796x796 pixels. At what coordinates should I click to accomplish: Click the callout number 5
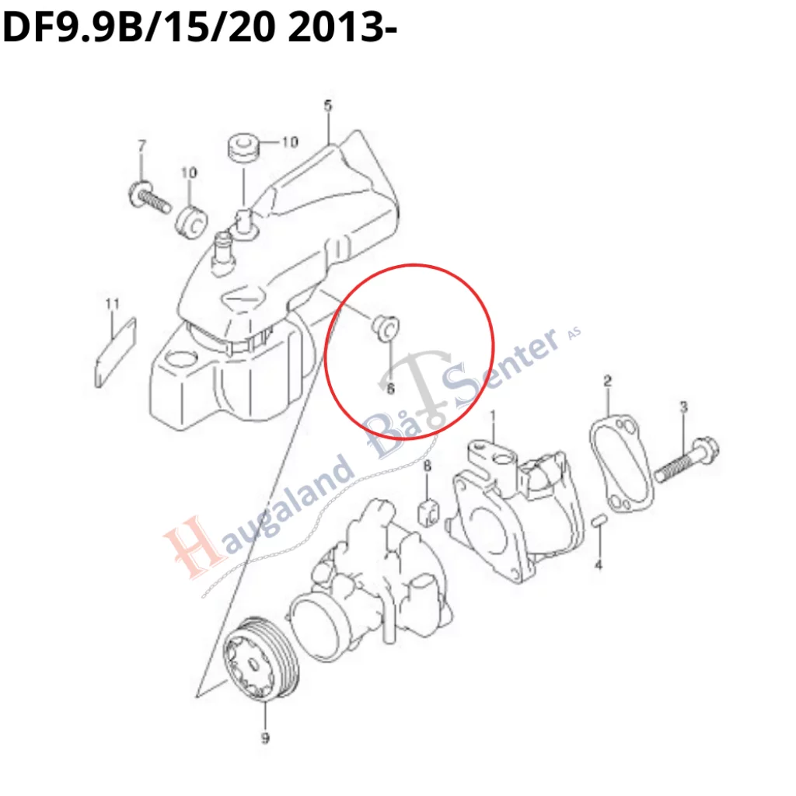pyautogui.click(x=328, y=106)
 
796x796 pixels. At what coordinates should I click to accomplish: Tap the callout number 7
pyautogui.click(x=142, y=145)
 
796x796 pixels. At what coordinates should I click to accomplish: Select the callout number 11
pyautogui.click(x=112, y=304)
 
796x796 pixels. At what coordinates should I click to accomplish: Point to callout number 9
pyautogui.click(x=265, y=738)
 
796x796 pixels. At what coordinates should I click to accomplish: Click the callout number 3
pyautogui.click(x=684, y=407)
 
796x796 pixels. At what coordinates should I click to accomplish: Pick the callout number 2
pyautogui.click(x=608, y=380)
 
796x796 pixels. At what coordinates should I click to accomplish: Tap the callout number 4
pyautogui.click(x=599, y=564)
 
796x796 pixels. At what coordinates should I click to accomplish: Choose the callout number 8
pyautogui.click(x=428, y=466)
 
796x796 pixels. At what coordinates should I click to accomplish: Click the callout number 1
pyautogui.click(x=492, y=417)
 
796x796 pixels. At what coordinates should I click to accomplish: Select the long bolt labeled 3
pyautogui.click(x=686, y=459)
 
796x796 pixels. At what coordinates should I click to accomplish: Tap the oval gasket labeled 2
pyautogui.click(x=620, y=465)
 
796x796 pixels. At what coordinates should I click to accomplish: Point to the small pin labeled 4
pyautogui.click(x=599, y=522)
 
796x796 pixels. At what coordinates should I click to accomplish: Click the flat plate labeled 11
pyautogui.click(x=116, y=353)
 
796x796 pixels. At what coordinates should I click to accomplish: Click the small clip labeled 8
pyautogui.click(x=428, y=513)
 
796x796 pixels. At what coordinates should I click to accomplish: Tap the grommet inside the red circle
pyautogui.click(x=384, y=326)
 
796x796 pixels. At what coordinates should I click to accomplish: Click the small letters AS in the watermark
pyautogui.click(x=574, y=333)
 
